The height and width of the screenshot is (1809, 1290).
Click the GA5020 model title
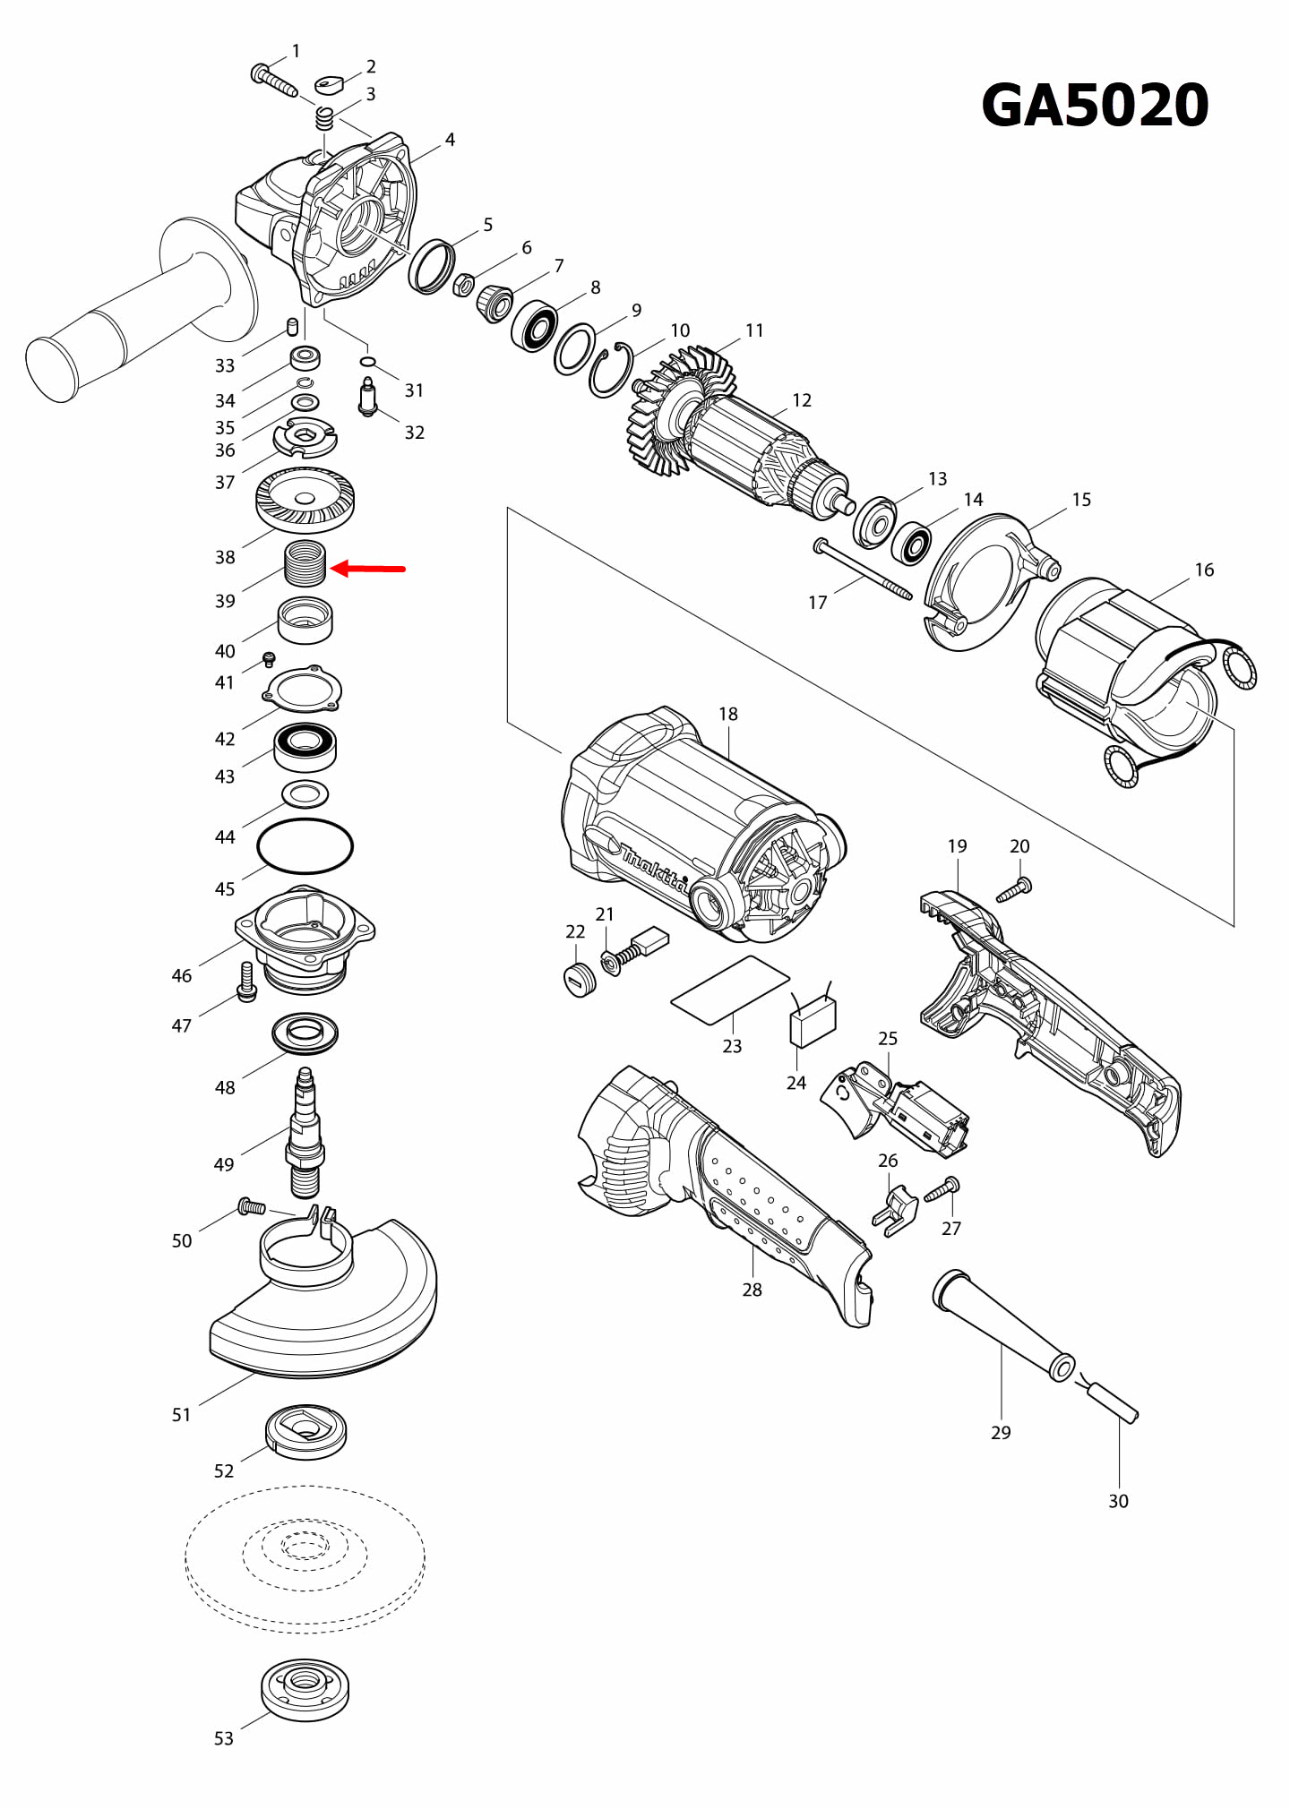[1095, 106]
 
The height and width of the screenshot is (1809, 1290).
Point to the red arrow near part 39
[368, 569]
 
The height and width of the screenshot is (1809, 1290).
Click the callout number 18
[727, 715]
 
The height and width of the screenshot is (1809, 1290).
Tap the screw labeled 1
[272, 81]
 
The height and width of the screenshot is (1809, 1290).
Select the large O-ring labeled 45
[305, 845]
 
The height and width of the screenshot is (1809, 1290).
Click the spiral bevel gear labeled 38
[305, 500]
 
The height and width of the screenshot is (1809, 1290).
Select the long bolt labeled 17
[863, 570]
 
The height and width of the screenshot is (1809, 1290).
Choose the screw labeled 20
[1015, 890]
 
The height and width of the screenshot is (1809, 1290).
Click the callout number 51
[182, 1415]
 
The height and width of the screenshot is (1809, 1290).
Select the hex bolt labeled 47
[246, 982]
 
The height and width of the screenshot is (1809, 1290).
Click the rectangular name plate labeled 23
[730, 990]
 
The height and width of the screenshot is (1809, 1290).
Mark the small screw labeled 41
[269, 661]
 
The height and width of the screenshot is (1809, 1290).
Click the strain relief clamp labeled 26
[895, 1211]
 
